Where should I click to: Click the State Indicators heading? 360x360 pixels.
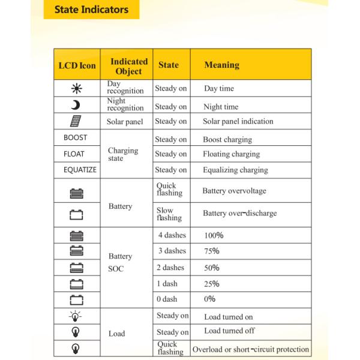pos(91,10)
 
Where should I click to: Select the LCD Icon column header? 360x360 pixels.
pos(77,65)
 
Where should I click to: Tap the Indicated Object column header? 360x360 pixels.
pos(128,66)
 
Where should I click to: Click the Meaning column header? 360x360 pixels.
pos(221,65)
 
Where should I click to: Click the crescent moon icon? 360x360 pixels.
pos(76,106)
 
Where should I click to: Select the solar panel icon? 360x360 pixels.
pos(76,121)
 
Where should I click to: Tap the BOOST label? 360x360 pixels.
pos(76,138)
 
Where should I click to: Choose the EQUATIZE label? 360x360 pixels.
pos(80,170)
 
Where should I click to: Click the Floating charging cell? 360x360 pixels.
pos(231,154)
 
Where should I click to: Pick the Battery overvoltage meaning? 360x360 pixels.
pos(234,191)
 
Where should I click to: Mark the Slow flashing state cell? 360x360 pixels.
pos(169,214)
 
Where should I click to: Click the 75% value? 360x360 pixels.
pos(212,251)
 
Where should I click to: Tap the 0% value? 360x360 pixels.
pos(209,299)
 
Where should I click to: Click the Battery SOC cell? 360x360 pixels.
pos(120,262)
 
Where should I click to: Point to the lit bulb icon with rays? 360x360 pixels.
pos(76,316)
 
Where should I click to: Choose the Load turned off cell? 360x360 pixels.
pos(229,331)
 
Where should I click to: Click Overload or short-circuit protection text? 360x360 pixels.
pos(250,349)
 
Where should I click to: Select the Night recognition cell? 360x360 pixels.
pos(125,105)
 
